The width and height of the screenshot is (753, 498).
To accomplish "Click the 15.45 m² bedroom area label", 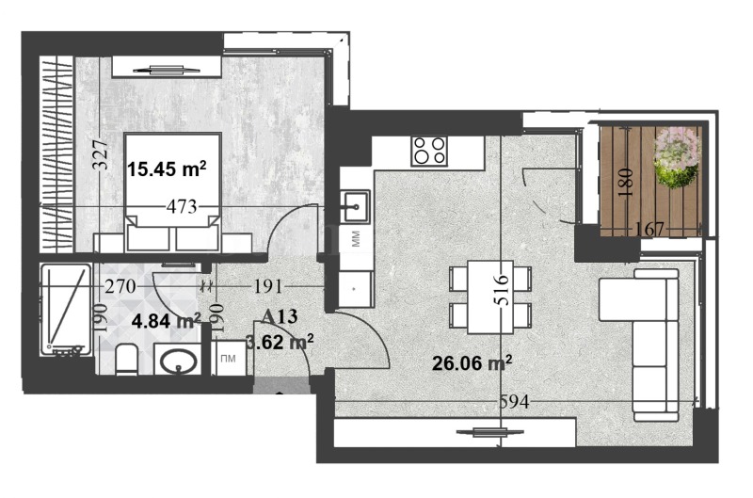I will (167, 169).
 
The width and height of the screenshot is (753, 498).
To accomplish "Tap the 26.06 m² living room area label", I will (471, 362).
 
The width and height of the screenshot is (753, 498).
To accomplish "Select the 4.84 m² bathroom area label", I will (167, 321).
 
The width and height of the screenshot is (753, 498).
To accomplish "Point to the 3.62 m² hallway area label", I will (280, 342).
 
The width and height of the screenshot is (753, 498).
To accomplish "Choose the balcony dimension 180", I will (623, 182).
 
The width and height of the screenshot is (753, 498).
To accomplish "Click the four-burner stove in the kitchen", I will (429, 151).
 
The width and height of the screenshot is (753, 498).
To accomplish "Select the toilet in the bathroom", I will (127, 360).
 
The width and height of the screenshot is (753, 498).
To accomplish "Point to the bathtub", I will (65, 311).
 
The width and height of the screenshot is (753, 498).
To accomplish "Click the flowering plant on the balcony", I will (677, 156).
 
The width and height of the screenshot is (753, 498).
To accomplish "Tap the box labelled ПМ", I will (227, 360).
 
